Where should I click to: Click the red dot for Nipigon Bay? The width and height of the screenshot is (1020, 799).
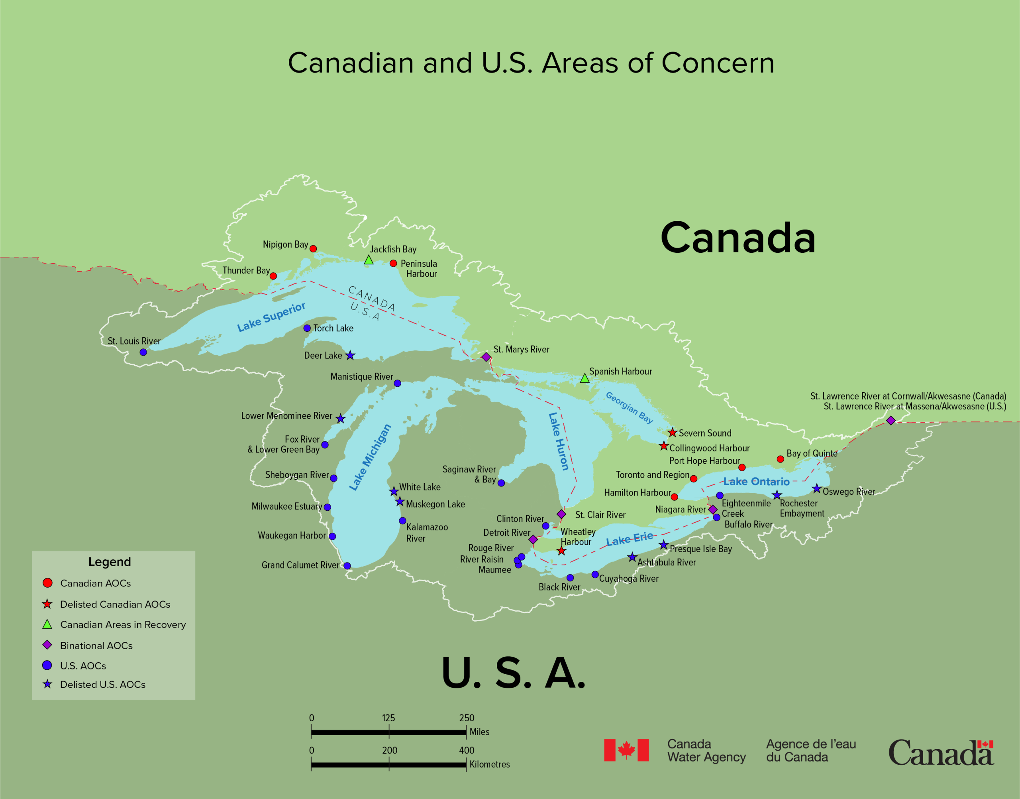point(313,249)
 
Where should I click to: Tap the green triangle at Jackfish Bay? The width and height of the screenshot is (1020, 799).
point(369,260)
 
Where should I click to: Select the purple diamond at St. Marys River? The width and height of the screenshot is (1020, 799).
point(486,357)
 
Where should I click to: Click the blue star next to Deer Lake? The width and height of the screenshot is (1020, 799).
point(350,356)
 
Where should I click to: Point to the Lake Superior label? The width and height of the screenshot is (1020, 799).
point(271,317)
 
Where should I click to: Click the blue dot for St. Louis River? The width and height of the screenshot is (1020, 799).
point(143,352)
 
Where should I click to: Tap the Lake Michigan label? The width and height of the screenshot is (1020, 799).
point(370,457)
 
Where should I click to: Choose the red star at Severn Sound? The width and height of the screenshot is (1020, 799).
point(672,433)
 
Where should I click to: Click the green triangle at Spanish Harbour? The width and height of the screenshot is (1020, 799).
point(585,378)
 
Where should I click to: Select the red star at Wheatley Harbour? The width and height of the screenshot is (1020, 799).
point(561,551)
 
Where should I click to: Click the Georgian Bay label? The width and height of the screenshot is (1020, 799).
point(629,407)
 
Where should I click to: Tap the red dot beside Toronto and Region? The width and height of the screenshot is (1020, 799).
point(694,478)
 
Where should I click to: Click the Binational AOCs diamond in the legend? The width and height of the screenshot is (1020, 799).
point(47,645)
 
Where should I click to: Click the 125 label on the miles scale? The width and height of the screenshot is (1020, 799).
point(388,718)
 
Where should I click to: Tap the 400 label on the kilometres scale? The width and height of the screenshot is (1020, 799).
point(467,750)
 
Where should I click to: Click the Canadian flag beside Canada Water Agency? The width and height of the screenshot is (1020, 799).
point(626,750)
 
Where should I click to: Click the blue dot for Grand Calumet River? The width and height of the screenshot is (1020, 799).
point(347,566)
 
